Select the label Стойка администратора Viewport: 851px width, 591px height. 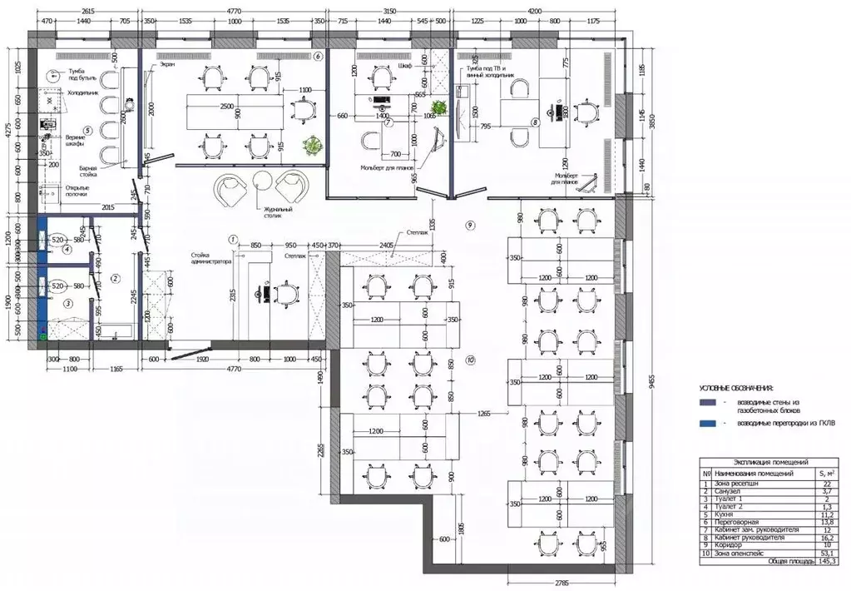point(210,258)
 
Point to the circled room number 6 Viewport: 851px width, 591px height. point(317,57)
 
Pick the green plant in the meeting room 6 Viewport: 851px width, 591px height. point(313,146)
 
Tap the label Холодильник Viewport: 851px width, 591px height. point(84,93)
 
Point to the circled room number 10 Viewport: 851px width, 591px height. point(471,360)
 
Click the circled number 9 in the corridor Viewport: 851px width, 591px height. point(470,225)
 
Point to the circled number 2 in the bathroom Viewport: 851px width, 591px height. point(116,278)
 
